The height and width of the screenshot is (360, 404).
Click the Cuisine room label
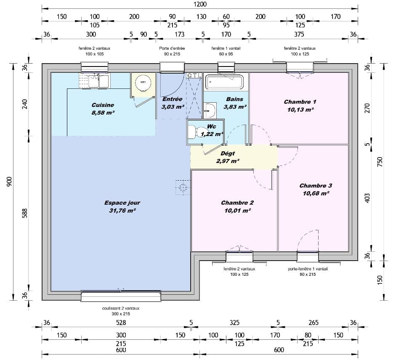coord(103,105)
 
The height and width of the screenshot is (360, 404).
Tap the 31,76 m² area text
coord(122,210)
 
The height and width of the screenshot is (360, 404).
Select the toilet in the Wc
coord(192,132)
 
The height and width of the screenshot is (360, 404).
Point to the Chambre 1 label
coord(300,102)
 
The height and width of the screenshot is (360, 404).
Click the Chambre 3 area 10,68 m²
coord(316,193)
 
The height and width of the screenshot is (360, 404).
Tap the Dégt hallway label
coord(228,154)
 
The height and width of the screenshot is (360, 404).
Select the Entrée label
coord(172,99)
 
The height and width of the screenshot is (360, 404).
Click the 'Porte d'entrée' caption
coord(172,48)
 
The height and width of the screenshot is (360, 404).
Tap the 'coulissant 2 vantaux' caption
coord(120,308)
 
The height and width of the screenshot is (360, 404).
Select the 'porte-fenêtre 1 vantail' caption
coord(308,269)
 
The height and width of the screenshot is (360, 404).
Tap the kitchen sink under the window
coord(98,81)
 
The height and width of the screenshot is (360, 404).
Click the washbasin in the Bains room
coord(210,111)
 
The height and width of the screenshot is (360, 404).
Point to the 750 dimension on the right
coord(380,162)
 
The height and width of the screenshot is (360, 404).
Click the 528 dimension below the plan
coord(121,323)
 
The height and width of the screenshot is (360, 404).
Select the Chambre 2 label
coord(237,203)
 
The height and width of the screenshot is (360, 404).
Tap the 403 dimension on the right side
coord(367,198)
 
